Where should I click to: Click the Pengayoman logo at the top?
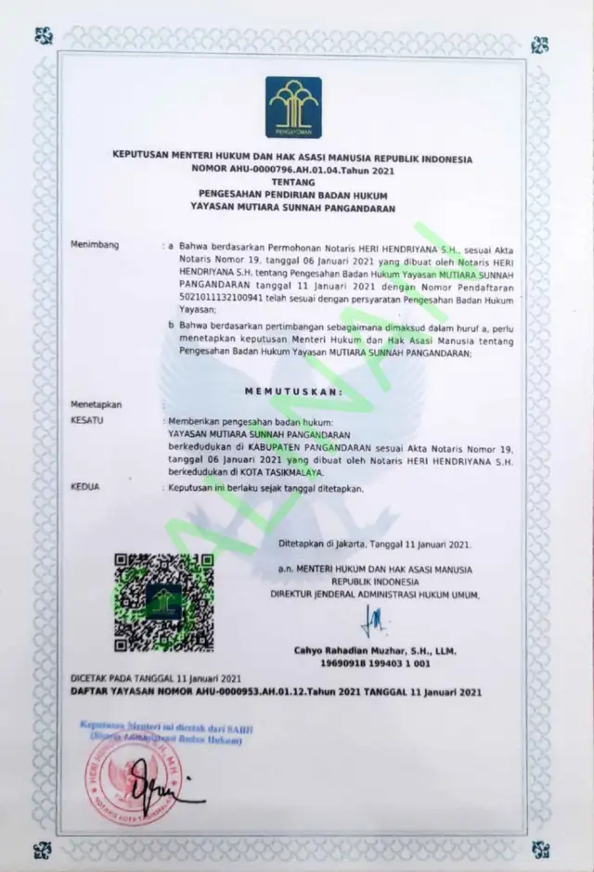[x=293, y=108]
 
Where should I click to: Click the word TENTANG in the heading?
[x=293, y=183]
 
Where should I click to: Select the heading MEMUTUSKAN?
[x=293, y=391]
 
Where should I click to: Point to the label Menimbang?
[x=96, y=244]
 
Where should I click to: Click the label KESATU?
[x=86, y=420]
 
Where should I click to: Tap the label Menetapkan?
[x=97, y=404]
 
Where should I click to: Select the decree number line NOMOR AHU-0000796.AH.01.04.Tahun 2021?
[x=293, y=171]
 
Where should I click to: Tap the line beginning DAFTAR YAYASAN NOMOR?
[x=277, y=692]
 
